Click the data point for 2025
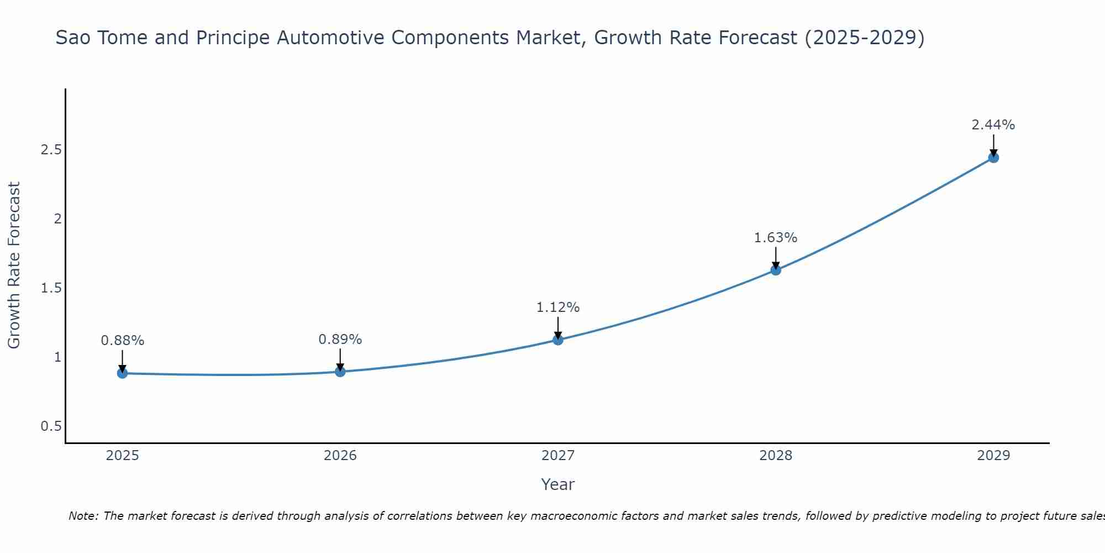coord(123,373)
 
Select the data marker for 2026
coord(340,372)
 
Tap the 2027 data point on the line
coord(558,340)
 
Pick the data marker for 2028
coord(776,270)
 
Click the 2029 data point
coord(993,158)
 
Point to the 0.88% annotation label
coord(123,341)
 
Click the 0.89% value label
coord(340,340)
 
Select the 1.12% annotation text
coord(558,307)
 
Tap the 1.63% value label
coord(776,238)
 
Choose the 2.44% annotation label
coord(993,125)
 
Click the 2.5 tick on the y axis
coord(51,150)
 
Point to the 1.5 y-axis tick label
coord(51,288)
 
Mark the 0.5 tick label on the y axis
coord(51,426)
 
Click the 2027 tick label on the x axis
coord(558,456)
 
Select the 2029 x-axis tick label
coord(993,456)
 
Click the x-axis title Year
coord(558,484)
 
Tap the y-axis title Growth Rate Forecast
coord(14,265)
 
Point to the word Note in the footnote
coord(82,516)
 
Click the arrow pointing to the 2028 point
coord(776,257)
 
